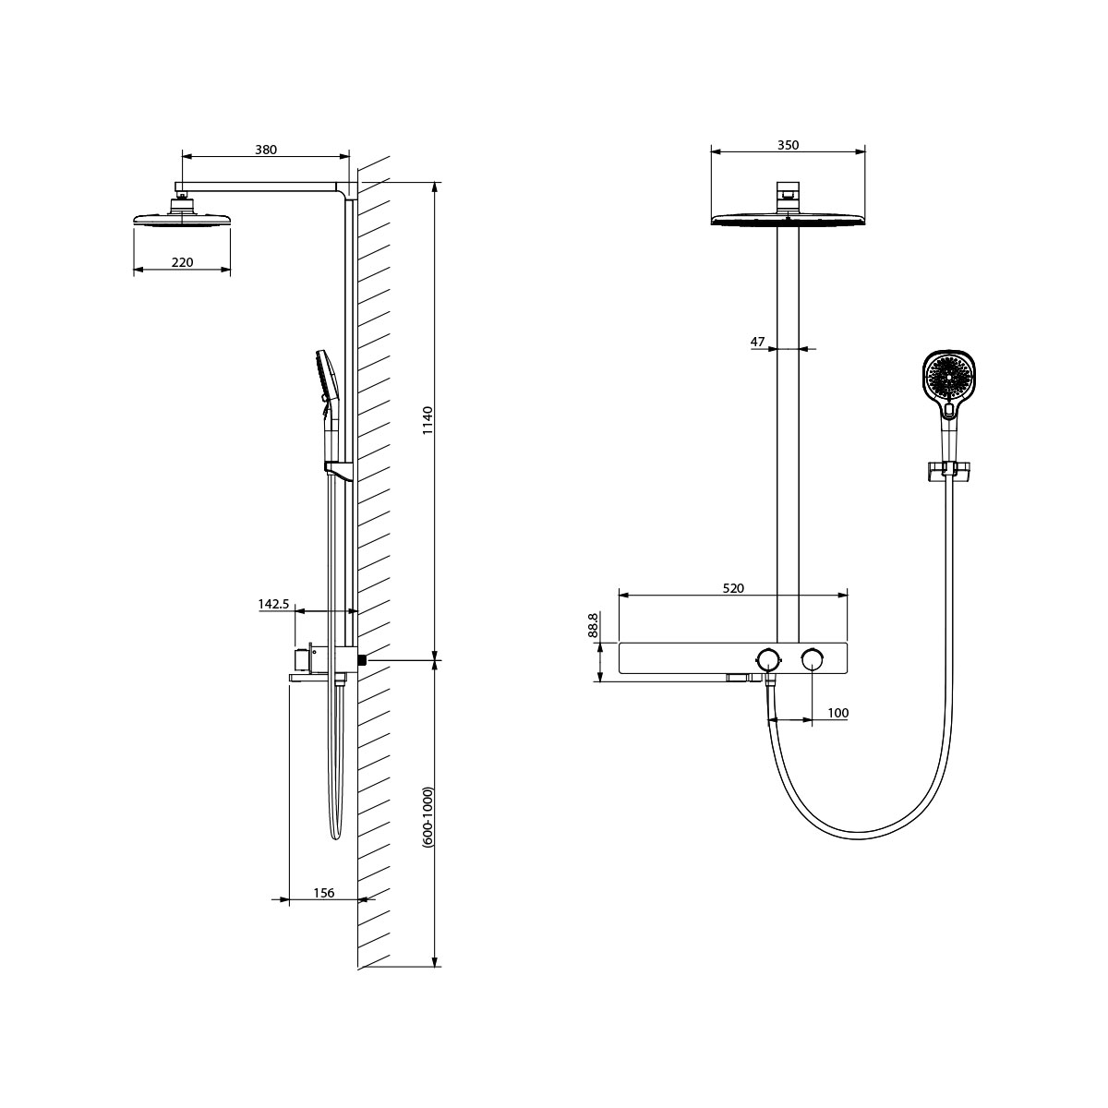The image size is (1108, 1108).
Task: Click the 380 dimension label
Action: coord(266,149)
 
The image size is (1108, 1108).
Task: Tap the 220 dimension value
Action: coord(182,263)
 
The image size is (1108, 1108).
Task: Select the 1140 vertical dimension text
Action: coord(428,421)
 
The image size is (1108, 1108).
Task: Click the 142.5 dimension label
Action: coord(274,604)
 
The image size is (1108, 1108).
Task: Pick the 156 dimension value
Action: coord(324,892)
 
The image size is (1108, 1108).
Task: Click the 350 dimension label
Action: coord(788,145)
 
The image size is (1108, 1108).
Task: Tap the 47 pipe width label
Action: coord(758,342)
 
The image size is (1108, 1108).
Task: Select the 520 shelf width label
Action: coord(732,587)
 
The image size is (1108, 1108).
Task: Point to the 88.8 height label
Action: coord(593,627)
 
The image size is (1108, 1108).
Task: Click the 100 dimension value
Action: coord(837,712)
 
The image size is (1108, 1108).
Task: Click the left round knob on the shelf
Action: coord(767,658)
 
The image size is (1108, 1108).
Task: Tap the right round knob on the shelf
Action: coord(813,658)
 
